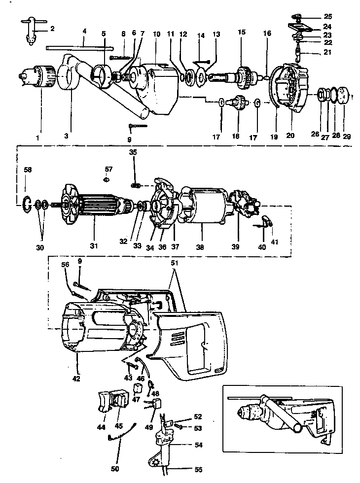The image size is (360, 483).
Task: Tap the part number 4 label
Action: (x=84, y=31)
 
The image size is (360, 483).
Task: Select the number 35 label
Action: (x=132, y=152)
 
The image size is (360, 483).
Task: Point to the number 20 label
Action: (x=290, y=135)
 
